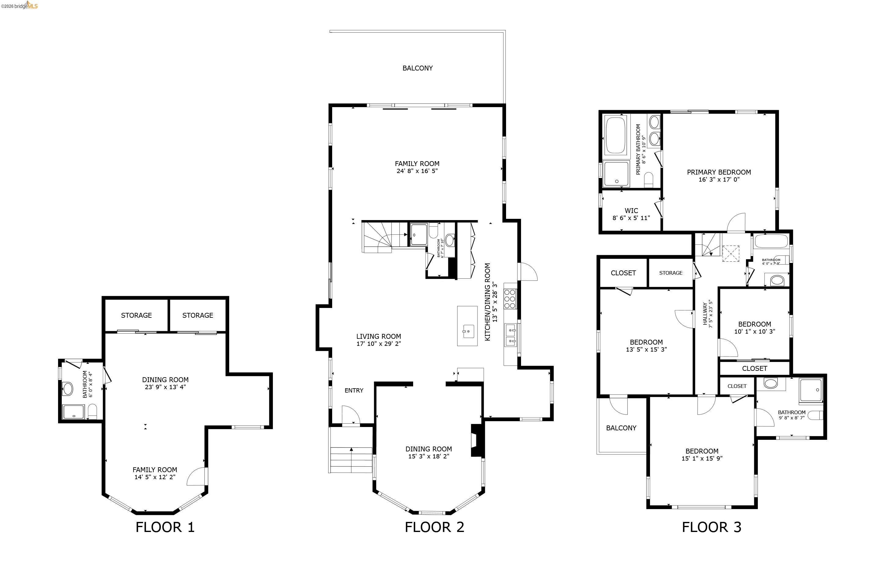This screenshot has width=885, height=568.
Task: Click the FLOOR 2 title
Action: point(434,527)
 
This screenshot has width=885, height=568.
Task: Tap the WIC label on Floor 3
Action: point(631,211)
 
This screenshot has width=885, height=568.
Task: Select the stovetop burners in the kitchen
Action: point(510,299)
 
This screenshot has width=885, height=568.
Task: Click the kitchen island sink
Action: point(468,331)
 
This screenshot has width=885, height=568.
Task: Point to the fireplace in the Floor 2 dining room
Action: point(476,441)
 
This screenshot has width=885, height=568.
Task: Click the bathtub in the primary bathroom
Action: point(616,135)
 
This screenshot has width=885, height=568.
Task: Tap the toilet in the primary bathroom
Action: point(648,180)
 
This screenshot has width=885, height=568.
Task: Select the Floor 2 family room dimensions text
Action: point(417,171)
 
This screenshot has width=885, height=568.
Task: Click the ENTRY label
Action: point(354,390)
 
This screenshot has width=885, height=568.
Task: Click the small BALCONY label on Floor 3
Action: point(621,428)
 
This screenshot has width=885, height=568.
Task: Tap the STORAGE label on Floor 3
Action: point(670,273)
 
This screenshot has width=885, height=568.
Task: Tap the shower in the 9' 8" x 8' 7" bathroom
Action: point(811,390)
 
